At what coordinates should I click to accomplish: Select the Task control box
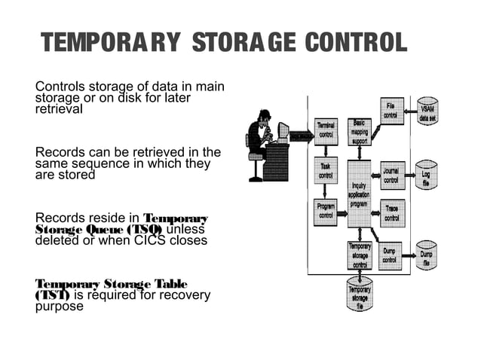tap(326, 171)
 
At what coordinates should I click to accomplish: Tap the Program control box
tap(326, 212)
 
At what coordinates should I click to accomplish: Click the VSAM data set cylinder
tap(427, 111)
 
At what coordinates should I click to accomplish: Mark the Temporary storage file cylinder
tap(359, 295)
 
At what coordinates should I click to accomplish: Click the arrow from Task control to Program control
tap(326, 191)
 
